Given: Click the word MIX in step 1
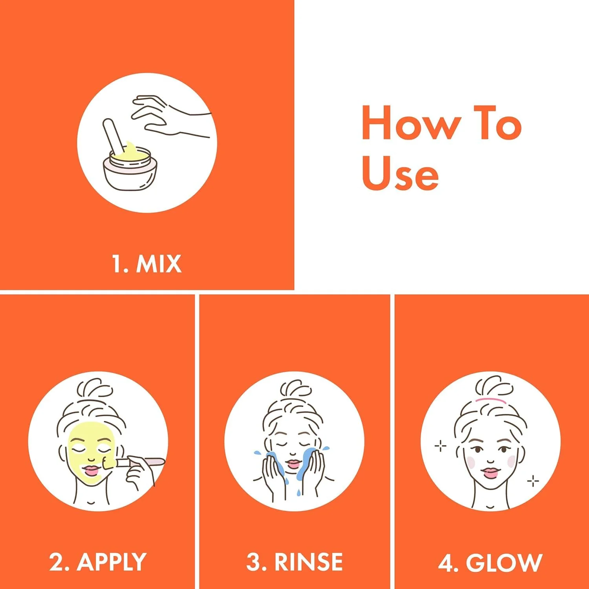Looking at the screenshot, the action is (x=159, y=264).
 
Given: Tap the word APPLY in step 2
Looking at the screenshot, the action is (x=112, y=562).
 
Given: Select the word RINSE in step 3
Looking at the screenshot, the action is (x=309, y=562).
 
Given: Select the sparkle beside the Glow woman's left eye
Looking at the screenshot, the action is (x=441, y=446).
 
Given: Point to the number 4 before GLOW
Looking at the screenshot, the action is (x=446, y=562).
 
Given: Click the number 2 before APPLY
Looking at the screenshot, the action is (x=57, y=562).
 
